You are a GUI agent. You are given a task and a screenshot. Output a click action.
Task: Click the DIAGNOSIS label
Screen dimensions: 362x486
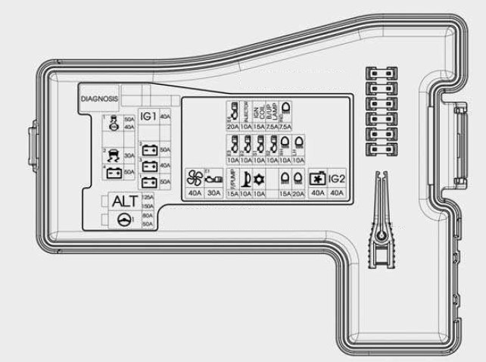[99, 99]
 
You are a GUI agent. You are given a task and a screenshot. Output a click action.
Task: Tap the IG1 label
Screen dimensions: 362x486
[148, 116]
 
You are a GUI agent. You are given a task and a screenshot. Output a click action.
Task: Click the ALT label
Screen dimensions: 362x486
[123, 201]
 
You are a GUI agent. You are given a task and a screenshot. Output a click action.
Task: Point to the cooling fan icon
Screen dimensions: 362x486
[194, 178]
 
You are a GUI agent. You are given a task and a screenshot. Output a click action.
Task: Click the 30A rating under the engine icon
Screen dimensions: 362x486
[213, 193]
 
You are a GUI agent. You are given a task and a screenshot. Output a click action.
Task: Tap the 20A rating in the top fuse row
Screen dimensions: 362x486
[232, 126]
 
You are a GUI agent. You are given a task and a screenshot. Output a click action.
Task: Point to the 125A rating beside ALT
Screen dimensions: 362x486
[148, 197]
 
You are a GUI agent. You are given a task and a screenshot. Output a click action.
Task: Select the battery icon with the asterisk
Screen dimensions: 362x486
[316, 179]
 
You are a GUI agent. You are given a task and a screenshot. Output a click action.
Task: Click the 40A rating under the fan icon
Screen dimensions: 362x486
[194, 193]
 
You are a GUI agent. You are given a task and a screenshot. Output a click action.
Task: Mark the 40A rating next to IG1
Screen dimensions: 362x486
[165, 117]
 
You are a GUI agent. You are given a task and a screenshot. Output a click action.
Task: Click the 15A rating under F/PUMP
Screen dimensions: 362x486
[232, 193]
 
